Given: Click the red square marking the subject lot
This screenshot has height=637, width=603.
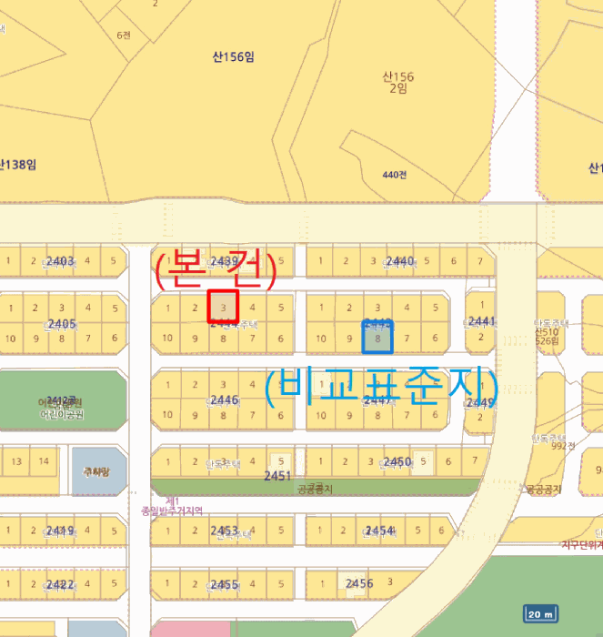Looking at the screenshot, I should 223,305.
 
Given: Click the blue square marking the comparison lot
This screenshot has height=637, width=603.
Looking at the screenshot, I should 377,337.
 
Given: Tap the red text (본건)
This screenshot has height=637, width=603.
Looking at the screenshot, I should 215,270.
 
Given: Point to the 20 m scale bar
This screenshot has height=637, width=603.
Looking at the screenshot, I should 540,614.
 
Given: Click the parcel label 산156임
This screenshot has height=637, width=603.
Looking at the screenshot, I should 233,56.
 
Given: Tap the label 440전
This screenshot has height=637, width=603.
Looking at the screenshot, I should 394,175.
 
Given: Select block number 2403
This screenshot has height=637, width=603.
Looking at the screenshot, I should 60,262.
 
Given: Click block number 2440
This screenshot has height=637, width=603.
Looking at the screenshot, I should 400,262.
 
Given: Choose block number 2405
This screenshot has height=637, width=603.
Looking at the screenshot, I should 62,324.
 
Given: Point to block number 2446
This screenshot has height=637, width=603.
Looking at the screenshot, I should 224,400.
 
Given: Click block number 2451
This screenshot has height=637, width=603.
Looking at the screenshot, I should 277,476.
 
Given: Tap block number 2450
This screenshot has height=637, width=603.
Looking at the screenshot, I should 397,462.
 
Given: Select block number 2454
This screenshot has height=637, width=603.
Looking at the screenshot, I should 379,531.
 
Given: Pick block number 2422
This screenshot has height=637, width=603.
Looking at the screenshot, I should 60,584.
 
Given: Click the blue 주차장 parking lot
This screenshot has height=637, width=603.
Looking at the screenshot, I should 95,470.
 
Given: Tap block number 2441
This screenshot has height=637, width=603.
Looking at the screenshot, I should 481,321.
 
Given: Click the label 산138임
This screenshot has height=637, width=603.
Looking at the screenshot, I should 18,165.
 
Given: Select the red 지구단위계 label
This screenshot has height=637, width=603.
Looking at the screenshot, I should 581,545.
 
